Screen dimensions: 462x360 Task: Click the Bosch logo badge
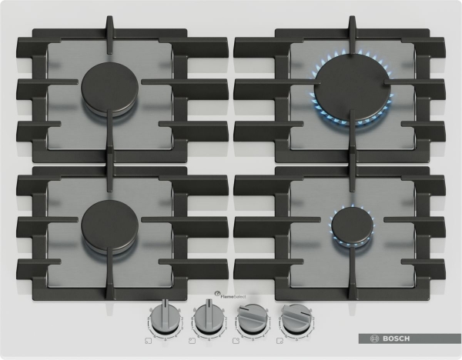click(410, 338)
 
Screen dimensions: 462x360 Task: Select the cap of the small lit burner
click(352, 225)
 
